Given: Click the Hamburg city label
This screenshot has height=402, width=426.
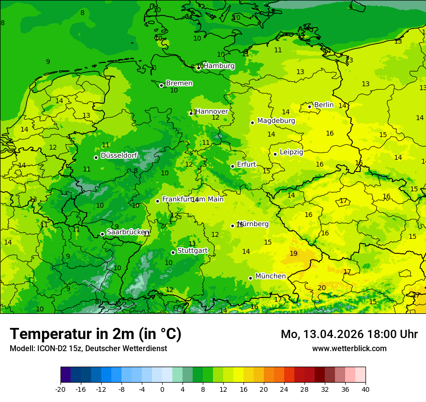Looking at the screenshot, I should coord(219,66).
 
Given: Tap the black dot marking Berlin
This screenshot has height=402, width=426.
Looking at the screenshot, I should coord(310,107).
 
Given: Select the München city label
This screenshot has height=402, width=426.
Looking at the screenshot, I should coord(270,276).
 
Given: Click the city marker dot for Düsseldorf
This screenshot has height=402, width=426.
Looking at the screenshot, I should coord(96,157).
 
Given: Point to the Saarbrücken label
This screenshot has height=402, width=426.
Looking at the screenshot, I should coord(128,232).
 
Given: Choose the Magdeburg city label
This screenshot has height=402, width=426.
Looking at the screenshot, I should coord(276,121).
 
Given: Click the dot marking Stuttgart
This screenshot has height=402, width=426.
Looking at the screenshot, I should coord(173,252).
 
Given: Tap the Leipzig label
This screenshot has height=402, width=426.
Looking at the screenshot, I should coord(291,152).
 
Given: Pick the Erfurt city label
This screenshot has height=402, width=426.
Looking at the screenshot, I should coord(246,164).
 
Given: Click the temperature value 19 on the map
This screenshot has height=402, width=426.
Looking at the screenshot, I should coord(293,253).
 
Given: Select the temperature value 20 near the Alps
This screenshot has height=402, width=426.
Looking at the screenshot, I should coord(321,288).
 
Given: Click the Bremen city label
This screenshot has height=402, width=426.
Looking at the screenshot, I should coord(179,83).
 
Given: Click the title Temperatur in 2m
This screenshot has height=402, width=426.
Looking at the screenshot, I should coord(95,334).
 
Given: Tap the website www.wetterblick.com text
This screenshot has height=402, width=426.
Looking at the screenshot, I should coord(349,348).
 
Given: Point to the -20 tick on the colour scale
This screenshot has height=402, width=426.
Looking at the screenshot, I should coord(61,389).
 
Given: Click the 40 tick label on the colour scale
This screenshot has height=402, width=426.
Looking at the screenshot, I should coord(365,389).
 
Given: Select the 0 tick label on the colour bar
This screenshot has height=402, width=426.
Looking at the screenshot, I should coord(162,389).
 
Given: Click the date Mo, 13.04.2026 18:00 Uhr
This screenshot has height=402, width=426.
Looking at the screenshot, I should coord(349,334).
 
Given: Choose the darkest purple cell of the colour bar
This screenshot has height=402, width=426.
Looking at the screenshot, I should coord(66,375).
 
